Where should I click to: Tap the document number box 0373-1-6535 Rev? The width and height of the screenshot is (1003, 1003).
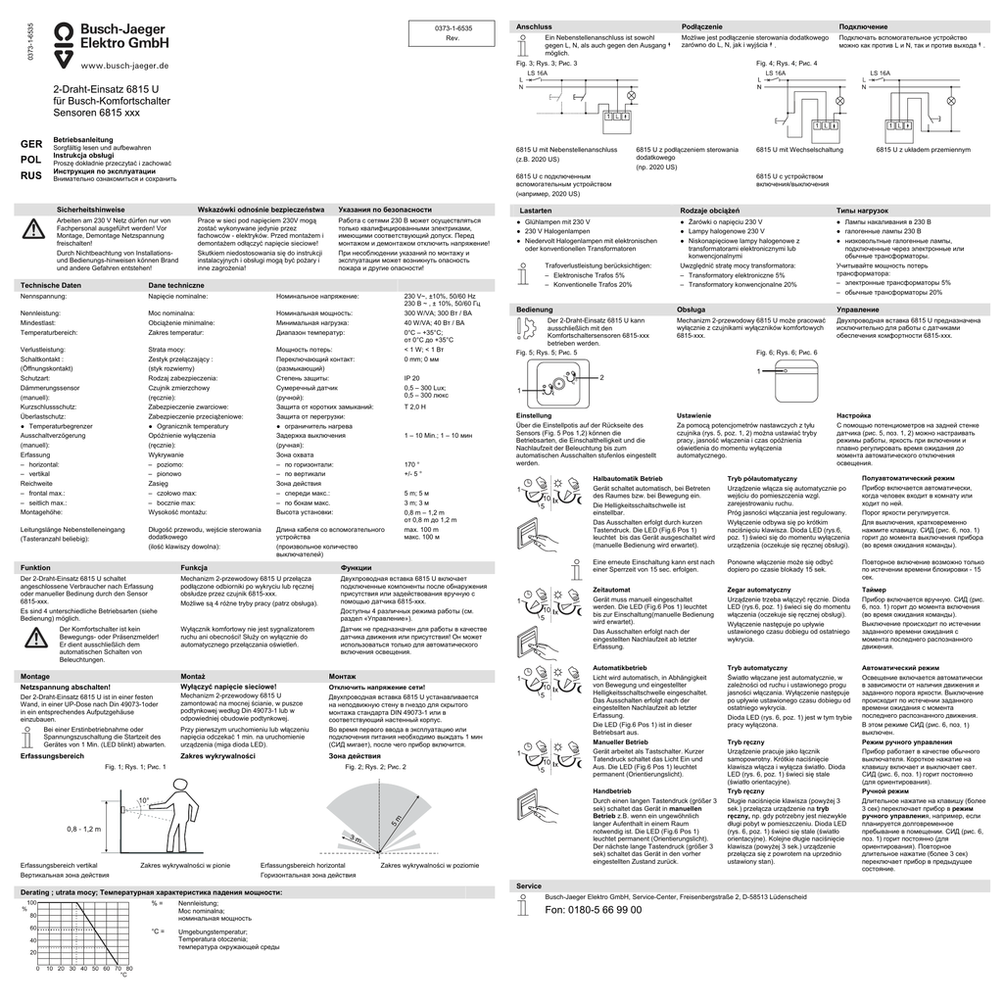coord(453,31)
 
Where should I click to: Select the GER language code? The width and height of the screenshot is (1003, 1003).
coord(30,144)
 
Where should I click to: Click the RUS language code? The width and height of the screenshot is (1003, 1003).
coord(30,175)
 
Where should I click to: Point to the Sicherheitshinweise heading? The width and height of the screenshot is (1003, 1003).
coord(91,210)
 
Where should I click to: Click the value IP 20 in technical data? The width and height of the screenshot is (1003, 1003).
coord(411,377)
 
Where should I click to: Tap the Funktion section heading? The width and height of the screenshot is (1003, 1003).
coord(35,568)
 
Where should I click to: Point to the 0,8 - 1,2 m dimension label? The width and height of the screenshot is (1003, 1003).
coord(84,829)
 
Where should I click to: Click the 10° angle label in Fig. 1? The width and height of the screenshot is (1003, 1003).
coord(143,799)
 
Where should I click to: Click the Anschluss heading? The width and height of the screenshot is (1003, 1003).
coord(533,24)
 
